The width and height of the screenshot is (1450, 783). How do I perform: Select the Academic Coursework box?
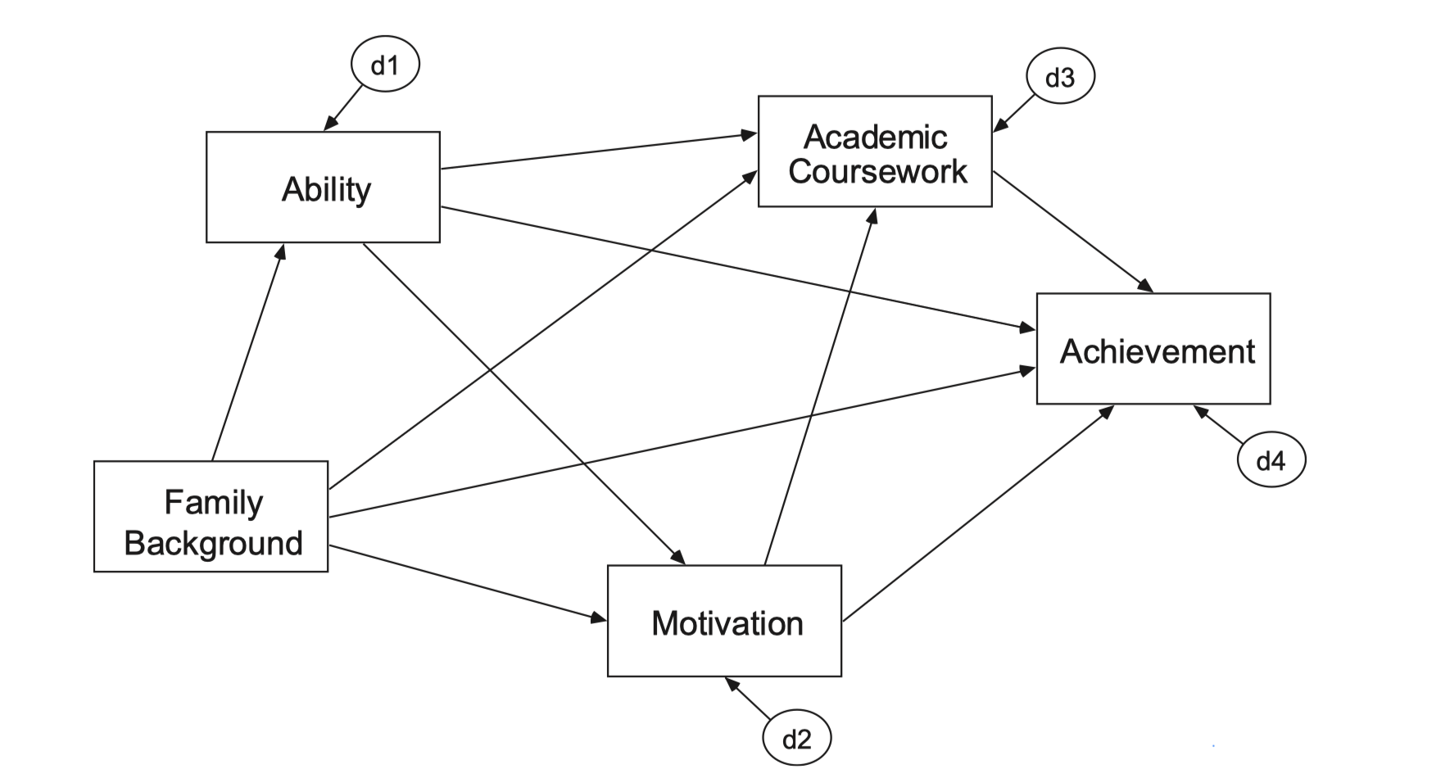pos(875,152)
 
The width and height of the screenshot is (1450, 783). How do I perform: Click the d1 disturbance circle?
pos(385,66)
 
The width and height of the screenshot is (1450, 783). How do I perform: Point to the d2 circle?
pos(796,739)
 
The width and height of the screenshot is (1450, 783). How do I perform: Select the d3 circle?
pos(1060,78)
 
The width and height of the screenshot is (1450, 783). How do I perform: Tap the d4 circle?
pos(1271,461)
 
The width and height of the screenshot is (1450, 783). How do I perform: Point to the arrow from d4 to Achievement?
pos(1219,425)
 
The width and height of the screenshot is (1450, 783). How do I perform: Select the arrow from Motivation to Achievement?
pos(977,514)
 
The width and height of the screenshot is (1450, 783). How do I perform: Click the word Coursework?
pos(877,172)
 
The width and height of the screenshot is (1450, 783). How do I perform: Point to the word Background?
pos(213,543)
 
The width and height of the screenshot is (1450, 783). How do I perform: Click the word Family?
pos(214,502)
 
